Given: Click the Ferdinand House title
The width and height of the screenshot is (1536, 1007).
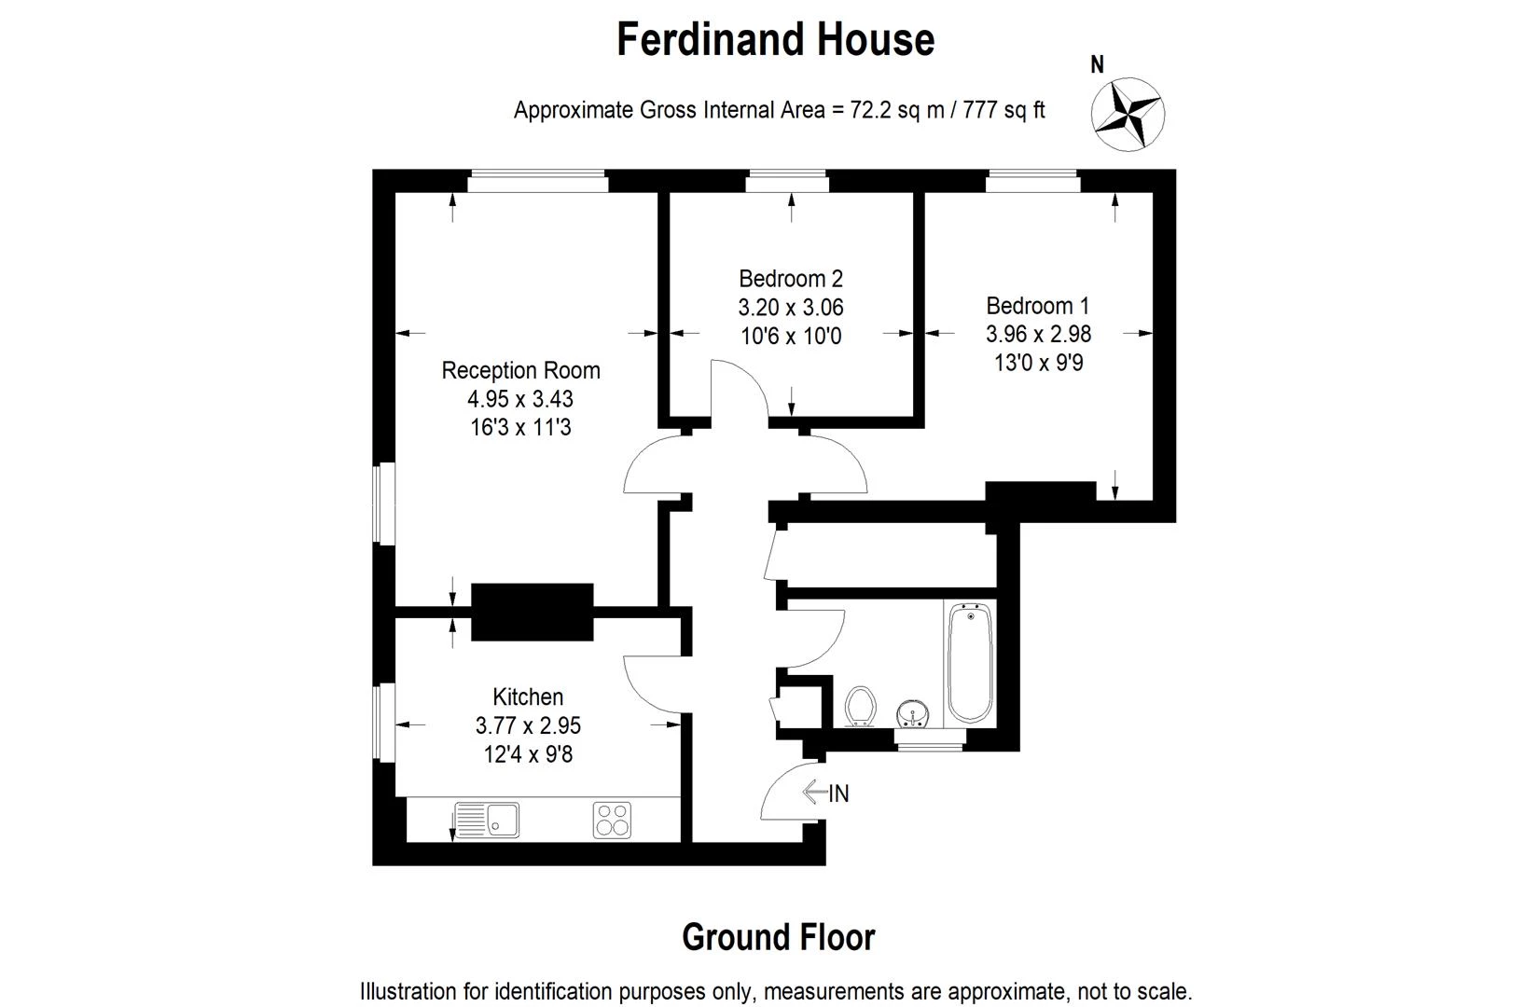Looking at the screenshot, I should [x=775, y=40].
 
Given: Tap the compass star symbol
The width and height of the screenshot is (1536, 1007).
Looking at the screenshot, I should [x=1128, y=115].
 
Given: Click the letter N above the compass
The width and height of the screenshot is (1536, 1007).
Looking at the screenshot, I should [x=1098, y=64].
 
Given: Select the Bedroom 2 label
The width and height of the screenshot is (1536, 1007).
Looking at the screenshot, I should [x=790, y=278].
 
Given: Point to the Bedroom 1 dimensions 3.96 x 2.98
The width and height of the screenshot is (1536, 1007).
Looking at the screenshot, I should [x=1038, y=334].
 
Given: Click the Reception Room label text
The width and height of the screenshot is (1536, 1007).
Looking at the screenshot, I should [x=520, y=370].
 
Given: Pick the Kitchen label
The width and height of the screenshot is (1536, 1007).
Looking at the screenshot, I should [x=528, y=697].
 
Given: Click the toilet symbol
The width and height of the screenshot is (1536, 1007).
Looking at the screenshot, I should [x=860, y=706].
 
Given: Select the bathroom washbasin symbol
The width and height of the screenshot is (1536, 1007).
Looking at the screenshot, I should [x=912, y=714].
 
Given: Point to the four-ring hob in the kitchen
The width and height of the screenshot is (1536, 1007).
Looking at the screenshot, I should [x=612, y=820].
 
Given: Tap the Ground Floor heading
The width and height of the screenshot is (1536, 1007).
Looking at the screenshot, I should [x=778, y=937].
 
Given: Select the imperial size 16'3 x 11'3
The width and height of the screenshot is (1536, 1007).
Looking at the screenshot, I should [x=520, y=427].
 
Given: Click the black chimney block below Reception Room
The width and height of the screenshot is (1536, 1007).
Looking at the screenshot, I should [x=532, y=612].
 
